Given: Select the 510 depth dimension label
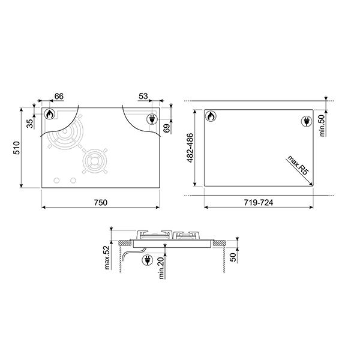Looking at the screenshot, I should pyautogui.click(x=17, y=148).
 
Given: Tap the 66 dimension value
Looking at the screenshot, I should pyautogui.click(x=59, y=97).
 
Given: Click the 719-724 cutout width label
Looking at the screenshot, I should pyautogui.click(x=258, y=202).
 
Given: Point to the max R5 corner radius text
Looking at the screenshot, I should pyautogui.click(x=296, y=164).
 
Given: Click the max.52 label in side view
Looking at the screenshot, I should pyautogui.click(x=107, y=257).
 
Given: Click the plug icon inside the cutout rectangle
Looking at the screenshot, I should pyautogui.click(x=304, y=122).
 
